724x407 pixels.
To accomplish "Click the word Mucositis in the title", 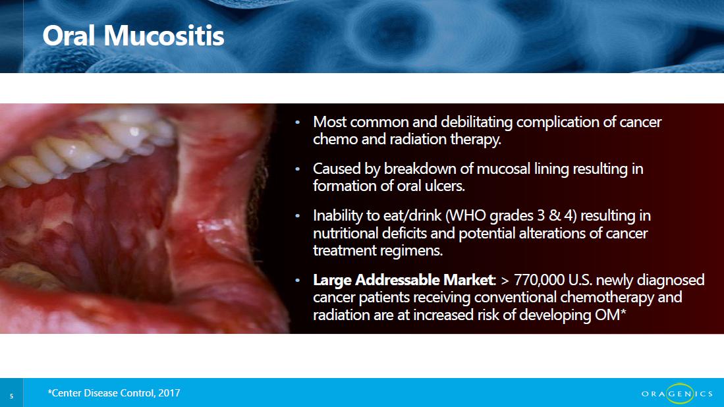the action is tap(164, 36).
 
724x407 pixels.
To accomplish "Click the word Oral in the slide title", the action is tap(69, 36).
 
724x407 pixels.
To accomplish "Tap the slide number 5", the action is tap(12, 396).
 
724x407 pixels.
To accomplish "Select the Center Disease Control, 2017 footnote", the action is tap(113, 393).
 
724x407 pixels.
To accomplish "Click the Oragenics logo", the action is tap(677, 393).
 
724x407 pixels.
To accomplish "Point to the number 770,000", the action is tap(539, 280).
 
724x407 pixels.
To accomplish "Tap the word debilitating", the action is tap(476, 122).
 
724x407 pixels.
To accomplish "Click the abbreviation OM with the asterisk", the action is tap(611, 315).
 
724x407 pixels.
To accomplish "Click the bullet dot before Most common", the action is tap(297, 122).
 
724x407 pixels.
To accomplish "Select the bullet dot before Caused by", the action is tap(297, 169).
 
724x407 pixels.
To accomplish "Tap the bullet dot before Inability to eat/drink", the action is tap(297, 215).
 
